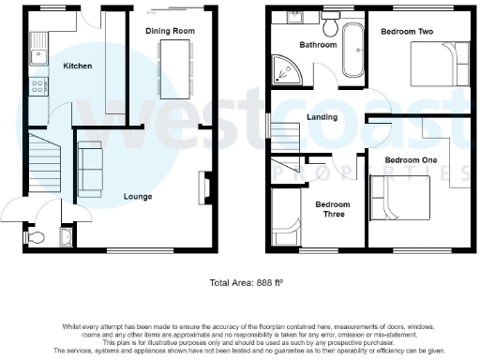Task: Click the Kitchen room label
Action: point(78,67)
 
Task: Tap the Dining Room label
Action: point(170,31)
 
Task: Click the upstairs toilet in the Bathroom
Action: point(331,16)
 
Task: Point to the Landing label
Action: point(322,117)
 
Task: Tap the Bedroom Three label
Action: point(331,209)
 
